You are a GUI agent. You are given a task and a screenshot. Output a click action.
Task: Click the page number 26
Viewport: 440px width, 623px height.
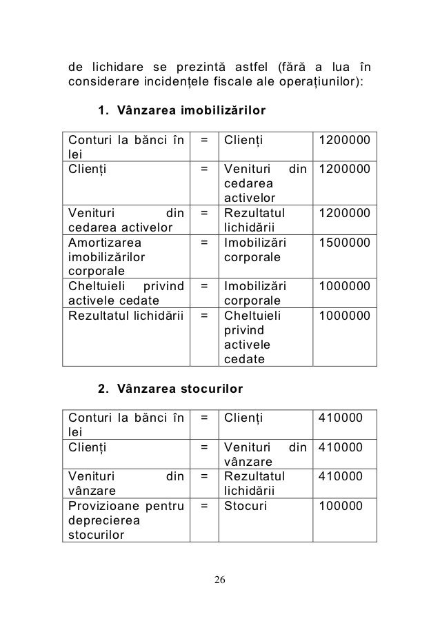219,578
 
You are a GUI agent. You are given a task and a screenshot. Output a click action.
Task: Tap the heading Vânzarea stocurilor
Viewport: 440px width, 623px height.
181,389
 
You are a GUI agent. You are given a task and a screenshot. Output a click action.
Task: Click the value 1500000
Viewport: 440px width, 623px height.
343,243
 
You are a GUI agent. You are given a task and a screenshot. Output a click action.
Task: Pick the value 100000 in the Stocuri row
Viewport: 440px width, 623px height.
340,506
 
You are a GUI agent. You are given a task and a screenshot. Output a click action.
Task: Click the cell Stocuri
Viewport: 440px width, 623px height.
246,506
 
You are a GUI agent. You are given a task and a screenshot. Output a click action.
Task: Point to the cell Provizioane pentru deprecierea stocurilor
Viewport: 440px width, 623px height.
123,520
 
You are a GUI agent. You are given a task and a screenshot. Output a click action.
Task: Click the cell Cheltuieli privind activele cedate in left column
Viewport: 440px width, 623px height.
123,293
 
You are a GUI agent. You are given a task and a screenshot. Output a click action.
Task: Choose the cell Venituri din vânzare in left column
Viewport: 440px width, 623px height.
123,482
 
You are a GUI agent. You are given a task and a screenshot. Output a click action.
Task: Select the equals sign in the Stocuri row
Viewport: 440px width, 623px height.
205,506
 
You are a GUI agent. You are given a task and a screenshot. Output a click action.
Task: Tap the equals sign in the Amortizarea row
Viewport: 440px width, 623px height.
205,243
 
